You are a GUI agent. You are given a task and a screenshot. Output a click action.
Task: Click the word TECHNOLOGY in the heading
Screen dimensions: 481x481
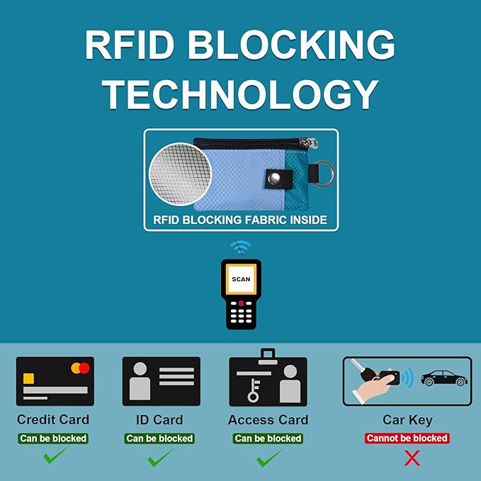coord(240,94)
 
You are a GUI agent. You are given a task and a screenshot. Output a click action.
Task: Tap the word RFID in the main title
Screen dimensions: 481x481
coord(130,45)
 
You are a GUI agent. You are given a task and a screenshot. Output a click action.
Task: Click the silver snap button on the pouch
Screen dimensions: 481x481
coord(274,178)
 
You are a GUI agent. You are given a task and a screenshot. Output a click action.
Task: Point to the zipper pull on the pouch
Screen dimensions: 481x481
coord(310,143)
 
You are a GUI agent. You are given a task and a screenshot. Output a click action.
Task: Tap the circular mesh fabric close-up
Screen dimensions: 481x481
coord(180,174)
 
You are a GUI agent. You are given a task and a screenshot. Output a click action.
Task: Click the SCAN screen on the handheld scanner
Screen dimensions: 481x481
coord(241,279)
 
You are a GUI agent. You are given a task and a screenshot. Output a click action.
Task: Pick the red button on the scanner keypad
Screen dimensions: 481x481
coord(241,303)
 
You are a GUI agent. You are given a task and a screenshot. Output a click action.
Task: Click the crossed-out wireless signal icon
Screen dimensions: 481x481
coord(240,247)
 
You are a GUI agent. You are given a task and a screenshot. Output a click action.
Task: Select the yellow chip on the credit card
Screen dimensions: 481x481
coord(28,378)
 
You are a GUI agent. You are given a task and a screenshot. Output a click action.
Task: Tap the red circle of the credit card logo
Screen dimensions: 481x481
coord(84,368)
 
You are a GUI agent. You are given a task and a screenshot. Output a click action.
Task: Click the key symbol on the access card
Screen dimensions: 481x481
coord(254,390)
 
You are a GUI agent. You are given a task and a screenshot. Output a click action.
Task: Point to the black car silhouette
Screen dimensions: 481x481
coord(444,378)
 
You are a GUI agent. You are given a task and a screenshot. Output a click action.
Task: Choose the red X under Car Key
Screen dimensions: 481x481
coord(412,458)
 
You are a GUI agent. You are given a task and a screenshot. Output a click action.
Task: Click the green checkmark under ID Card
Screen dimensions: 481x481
coord(160,458)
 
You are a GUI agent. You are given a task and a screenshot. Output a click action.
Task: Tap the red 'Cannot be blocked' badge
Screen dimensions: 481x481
coord(407,438)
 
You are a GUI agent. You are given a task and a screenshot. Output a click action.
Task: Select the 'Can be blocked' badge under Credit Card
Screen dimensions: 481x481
coord(53,438)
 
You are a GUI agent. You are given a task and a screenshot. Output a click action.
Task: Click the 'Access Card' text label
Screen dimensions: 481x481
coord(268,420)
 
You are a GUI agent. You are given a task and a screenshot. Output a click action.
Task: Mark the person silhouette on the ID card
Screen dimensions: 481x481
coord(140,381)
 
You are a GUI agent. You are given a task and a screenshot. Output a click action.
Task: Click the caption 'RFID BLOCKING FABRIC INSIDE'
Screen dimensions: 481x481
coord(240,220)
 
